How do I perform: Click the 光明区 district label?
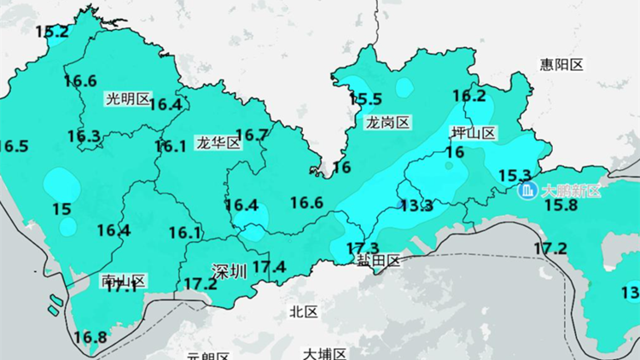pos(127,98)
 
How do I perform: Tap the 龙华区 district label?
pos(218,142)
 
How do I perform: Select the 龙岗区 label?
pos(388,123)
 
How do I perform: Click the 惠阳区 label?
pos(561,65)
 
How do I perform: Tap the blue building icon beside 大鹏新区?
pos(528,189)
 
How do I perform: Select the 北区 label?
pos(304,312)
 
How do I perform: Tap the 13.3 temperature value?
pos(416,206)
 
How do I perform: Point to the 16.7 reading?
pos(252,135)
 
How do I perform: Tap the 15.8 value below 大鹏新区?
pos(561,206)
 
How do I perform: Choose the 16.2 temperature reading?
pos(468,96)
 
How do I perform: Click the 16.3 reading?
pos(84,136)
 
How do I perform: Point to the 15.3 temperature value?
pos(515,175)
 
